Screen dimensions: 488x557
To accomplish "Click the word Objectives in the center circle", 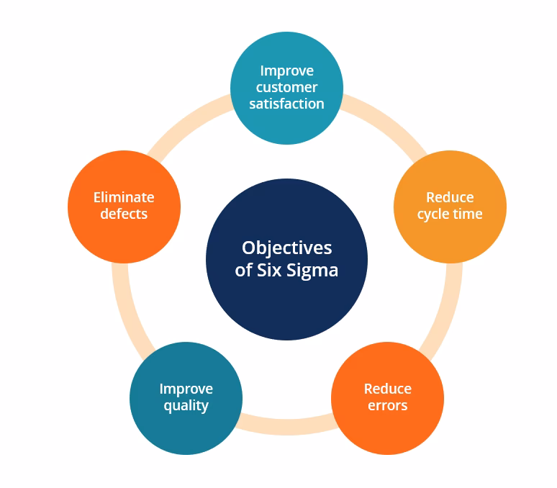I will [286, 248].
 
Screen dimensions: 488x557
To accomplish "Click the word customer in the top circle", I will [286, 87].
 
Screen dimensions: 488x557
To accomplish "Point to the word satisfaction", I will [286, 104].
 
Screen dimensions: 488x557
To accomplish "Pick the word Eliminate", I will [124, 197].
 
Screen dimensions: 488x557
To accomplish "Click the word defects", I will [124, 214].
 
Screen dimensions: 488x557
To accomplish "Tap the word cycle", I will [433, 214].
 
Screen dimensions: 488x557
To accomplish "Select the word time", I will [468, 214].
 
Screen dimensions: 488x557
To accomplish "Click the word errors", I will [387, 405].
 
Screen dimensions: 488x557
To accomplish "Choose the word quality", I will [186, 406].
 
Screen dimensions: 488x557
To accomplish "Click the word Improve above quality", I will [186, 389].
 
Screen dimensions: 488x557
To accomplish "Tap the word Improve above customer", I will [286, 71].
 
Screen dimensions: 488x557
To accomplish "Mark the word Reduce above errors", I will [387, 389].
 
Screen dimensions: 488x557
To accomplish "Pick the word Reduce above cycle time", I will [450, 197].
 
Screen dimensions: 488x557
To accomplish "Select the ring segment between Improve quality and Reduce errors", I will [286, 428].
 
